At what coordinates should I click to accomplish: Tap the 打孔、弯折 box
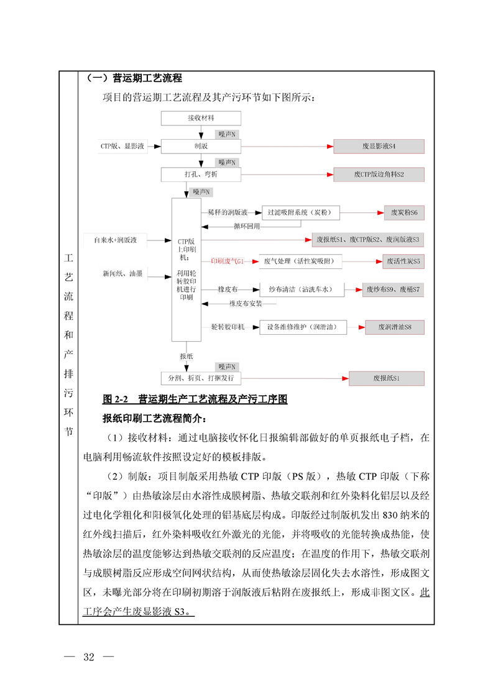click(x=201, y=175)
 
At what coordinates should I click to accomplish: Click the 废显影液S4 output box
click(x=379, y=147)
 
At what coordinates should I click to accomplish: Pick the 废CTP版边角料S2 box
click(x=379, y=175)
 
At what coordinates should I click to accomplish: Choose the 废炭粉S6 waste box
click(x=403, y=212)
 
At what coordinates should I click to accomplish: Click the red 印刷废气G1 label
click(x=226, y=262)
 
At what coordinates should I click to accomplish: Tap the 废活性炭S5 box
click(x=403, y=262)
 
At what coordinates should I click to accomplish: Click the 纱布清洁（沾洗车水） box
click(x=302, y=289)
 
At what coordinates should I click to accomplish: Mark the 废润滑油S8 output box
click(x=395, y=326)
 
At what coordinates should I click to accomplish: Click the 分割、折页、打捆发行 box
click(x=201, y=378)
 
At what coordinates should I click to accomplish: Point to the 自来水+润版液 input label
click(x=119, y=239)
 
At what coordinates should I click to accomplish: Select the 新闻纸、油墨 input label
click(x=122, y=273)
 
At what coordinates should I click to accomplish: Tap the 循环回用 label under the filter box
click(x=246, y=226)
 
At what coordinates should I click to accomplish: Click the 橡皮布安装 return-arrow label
click(x=245, y=304)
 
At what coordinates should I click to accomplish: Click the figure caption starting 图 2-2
click(x=195, y=399)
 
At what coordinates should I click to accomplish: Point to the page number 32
click(x=88, y=658)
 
